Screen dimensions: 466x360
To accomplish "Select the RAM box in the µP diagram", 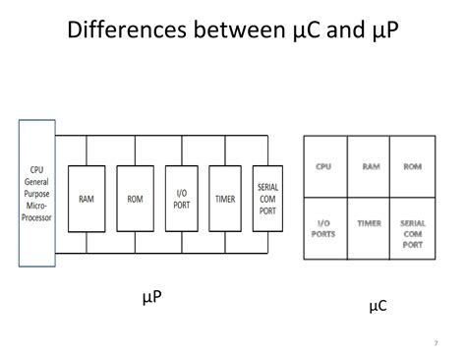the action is click(x=87, y=198).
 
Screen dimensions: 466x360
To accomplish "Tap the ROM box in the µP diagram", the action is click(x=135, y=198).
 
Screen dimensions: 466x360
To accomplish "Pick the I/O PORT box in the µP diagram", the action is click(x=182, y=198).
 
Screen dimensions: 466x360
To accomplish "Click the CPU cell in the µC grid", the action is click(x=323, y=167).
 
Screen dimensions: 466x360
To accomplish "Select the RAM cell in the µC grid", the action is click(x=370, y=167).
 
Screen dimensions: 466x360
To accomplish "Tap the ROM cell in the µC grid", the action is click(x=413, y=167).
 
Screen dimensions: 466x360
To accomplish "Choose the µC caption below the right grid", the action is click(x=378, y=306).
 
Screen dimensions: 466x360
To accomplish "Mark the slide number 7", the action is click(x=435, y=343).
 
